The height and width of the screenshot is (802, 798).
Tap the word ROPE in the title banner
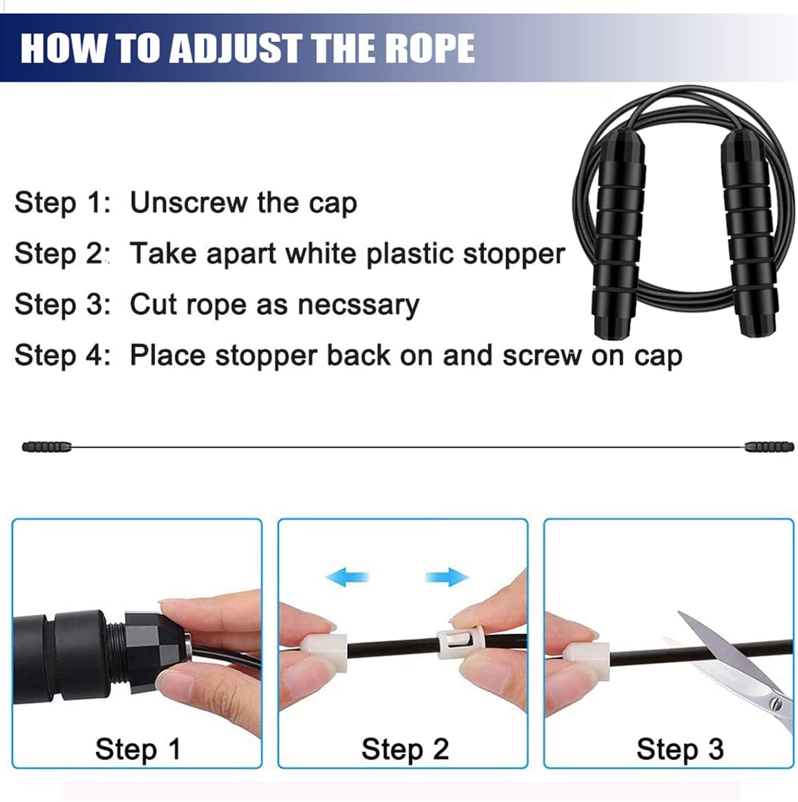coord(430,48)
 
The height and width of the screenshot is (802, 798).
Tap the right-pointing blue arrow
coord(447,577)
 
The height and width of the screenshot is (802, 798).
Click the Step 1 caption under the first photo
coord(138,750)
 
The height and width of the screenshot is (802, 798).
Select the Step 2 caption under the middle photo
coord(405,750)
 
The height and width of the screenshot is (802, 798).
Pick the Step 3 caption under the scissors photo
coord(680,750)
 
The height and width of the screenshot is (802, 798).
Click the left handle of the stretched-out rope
coord(47,446)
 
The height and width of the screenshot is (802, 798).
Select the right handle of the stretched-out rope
coord(769,446)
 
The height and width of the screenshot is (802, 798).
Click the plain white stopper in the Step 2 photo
coord(325,651)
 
